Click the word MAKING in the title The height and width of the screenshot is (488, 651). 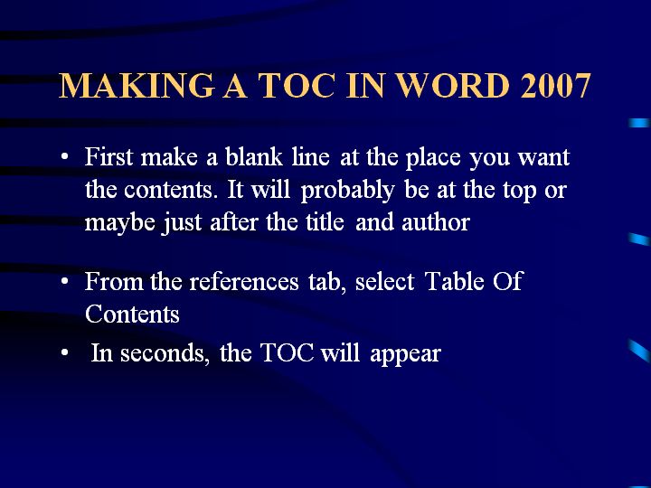pyautogui.click(x=137, y=86)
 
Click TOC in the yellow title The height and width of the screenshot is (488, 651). pyautogui.click(x=297, y=86)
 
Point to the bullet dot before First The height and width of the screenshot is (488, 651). pyautogui.click(x=64, y=157)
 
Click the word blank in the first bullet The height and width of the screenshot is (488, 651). pyautogui.click(x=254, y=157)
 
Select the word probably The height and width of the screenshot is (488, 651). pyautogui.click(x=347, y=191)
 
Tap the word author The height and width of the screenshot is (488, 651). pyautogui.click(x=436, y=222)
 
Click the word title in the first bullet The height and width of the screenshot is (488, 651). pyautogui.click(x=325, y=222)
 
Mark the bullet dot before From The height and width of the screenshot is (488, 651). pyautogui.click(x=64, y=281)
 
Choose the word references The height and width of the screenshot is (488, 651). pyautogui.click(x=244, y=281)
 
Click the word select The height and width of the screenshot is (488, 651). pyautogui.click(x=384, y=281)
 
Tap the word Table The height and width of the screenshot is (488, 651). pyautogui.click(x=455, y=281)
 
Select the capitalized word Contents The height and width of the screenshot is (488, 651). pyautogui.click(x=132, y=314)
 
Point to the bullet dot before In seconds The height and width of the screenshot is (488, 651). pyautogui.click(x=64, y=353)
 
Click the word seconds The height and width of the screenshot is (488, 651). pyautogui.click(x=165, y=354)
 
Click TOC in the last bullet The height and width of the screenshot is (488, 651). pyautogui.click(x=287, y=353)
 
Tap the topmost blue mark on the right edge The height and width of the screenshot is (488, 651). pyautogui.click(x=639, y=123)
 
